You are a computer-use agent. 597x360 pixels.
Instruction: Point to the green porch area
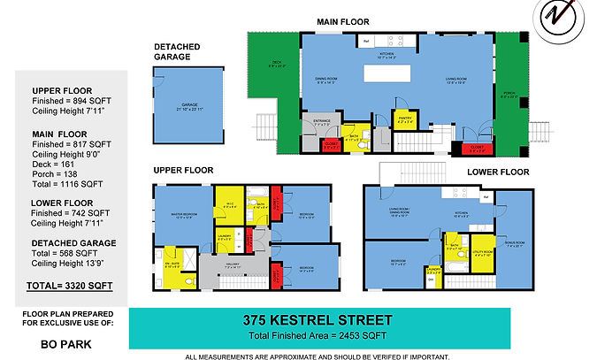coord(511,88)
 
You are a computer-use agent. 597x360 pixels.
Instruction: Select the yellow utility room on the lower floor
coord(481,251)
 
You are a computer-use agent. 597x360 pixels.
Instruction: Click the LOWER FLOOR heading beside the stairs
coord(498,172)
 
